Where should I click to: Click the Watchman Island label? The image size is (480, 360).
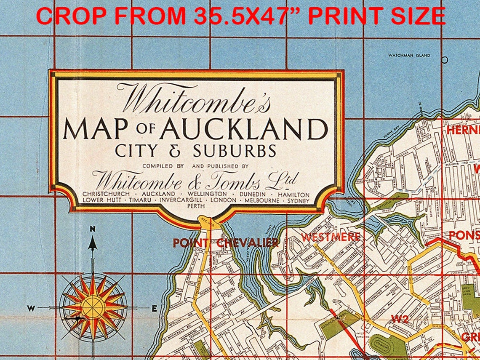click(x=409, y=55)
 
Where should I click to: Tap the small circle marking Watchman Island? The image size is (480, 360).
click(x=445, y=60)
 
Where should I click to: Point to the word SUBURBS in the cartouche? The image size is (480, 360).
click(x=235, y=150)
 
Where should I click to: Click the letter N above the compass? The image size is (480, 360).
click(x=93, y=229)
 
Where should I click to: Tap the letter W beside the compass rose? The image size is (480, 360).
click(x=31, y=308)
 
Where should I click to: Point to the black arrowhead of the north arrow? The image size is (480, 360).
click(x=93, y=243)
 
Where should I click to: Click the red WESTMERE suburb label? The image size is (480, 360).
click(x=331, y=237)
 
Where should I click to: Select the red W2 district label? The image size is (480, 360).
click(x=400, y=319)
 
